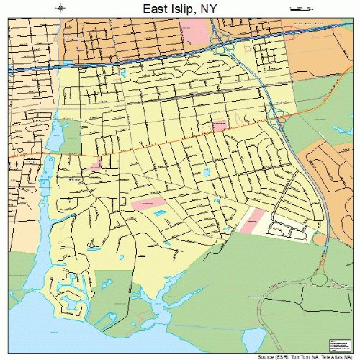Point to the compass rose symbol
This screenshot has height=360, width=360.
60,9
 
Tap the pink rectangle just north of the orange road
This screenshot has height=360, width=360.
220,127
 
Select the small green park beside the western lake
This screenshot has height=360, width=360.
70,137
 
